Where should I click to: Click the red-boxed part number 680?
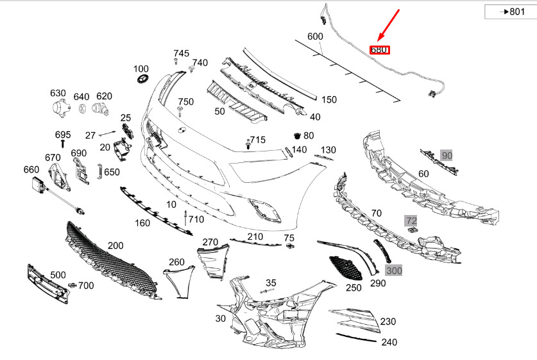(380, 49)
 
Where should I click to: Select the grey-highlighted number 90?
(447, 155)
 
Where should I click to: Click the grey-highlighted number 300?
(393, 271)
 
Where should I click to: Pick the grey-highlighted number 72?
(411, 221)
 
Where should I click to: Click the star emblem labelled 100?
(142, 80)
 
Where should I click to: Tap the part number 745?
(181, 53)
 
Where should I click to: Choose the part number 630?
(58, 93)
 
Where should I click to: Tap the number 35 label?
(271, 282)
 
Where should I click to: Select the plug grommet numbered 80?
(296, 136)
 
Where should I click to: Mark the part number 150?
(328, 99)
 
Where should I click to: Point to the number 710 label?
(196, 219)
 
